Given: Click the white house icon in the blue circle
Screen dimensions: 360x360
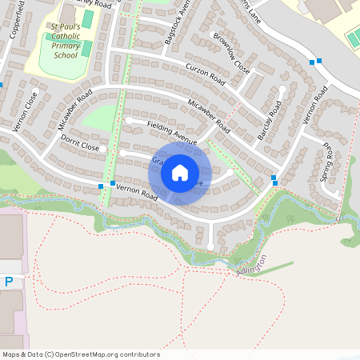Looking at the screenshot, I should click(180, 172).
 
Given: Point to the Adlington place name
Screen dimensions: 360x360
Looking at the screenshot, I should click(254, 265).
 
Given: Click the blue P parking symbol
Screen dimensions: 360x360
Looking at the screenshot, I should click(9, 282).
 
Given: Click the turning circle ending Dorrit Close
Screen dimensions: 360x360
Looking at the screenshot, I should click(122, 152).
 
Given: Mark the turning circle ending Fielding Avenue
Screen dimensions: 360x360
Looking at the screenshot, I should click(129, 121).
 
